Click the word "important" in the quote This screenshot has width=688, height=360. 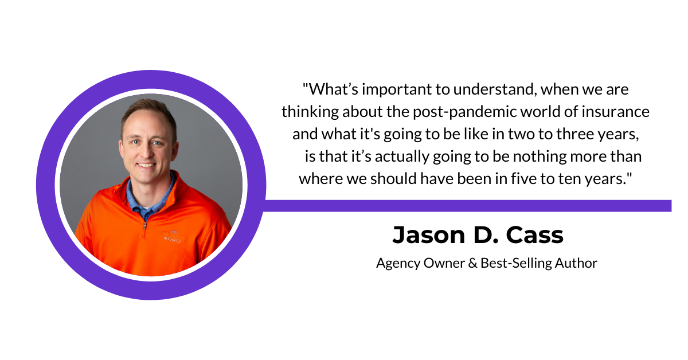(x=397, y=89)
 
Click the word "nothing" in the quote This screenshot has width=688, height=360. (x=540, y=156)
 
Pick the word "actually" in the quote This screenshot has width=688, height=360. (x=402, y=156)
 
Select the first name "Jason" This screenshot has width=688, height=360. (x=429, y=235)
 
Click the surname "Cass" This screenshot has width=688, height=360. (x=535, y=235)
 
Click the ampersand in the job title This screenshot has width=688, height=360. (x=472, y=263)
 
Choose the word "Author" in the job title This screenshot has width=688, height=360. (x=576, y=263)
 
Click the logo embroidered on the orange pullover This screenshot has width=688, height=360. (x=173, y=236)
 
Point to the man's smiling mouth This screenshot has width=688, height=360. (x=146, y=166)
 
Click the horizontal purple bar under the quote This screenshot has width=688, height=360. (x=467, y=206)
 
